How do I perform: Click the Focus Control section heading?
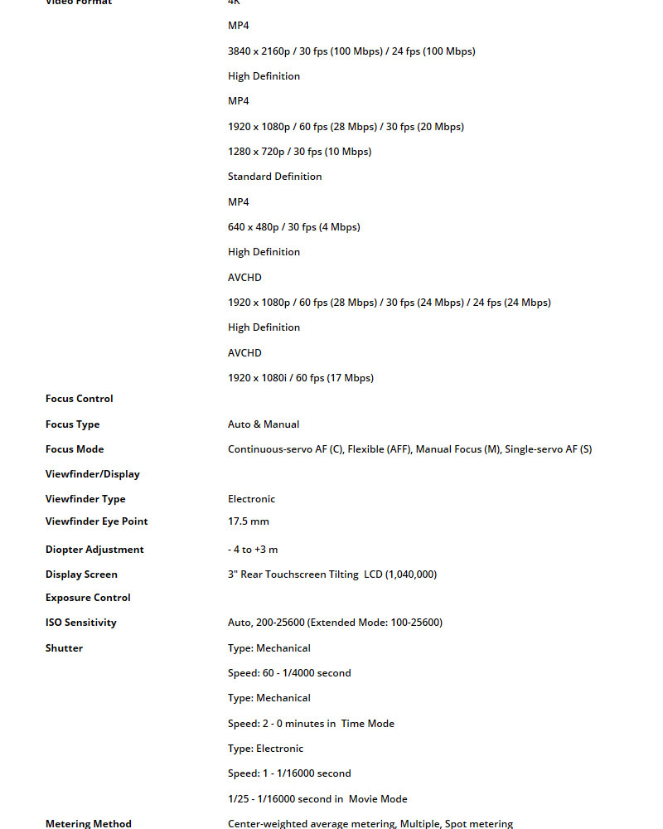pyautogui.click(x=80, y=399)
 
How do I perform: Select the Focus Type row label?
pyautogui.click(x=73, y=424)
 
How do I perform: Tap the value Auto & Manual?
pyautogui.click(x=264, y=424)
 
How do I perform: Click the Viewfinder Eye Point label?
pyautogui.click(x=97, y=521)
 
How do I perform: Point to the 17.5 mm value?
pyautogui.click(x=249, y=521)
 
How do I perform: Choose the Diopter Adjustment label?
pyautogui.click(x=94, y=550)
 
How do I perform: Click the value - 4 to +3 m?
pyautogui.click(x=253, y=550)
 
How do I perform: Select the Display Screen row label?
pyautogui.click(x=81, y=574)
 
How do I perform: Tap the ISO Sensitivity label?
pyautogui.click(x=81, y=623)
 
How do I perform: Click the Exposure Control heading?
pyautogui.click(x=88, y=598)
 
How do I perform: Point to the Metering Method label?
pyautogui.click(x=89, y=824)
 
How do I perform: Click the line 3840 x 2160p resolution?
pyautogui.click(x=351, y=51)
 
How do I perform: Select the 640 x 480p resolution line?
pyautogui.click(x=294, y=227)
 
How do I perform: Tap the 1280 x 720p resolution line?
pyautogui.click(x=300, y=152)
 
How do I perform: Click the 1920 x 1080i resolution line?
pyautogui.click(x=301, y=378)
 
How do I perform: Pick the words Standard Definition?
pyautogui.click(x=275, y=177)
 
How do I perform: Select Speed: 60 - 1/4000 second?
pyautogui.click(x=289, y=673)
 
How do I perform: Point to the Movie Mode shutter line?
pyautogui.click(x=317, y=799)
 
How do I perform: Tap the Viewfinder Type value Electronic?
pyautogui.click(x=252, y=499)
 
